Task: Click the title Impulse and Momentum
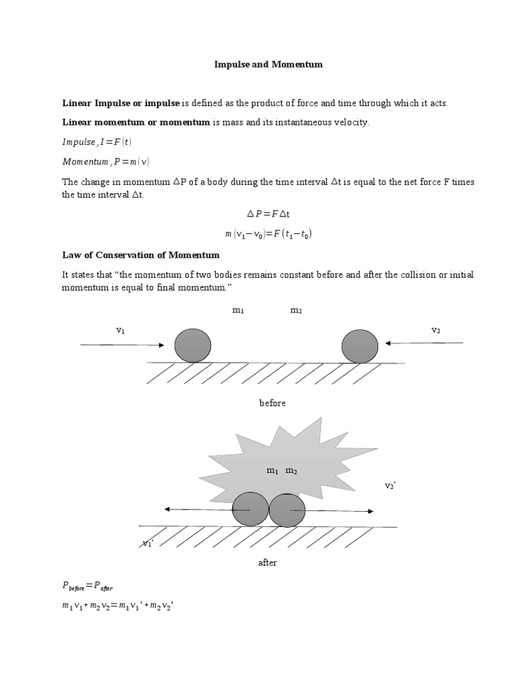pyautogui.click(x=268, y=65)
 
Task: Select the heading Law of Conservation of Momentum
pyautogui.click(x=141, y=255)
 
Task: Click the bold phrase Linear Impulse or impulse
pyautogui.click(x=121, y=103)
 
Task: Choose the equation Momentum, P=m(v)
pyautogui.click(x=106, y=161)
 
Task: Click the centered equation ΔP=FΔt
pyautogui.click(x=268, y=214)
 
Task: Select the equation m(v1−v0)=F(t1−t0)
pyautogui.click(x=269, y=234)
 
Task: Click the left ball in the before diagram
pyautogui.click(x=192, y=345)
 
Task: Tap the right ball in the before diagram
pyautogui.click(x=359, y=346)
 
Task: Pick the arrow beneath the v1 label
pyautogui.click(x=122, y=345)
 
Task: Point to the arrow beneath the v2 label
pyautogui.click(x=424, y=343)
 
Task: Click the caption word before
pyautogui.click(x=272, y=403)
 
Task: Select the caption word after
pyautogui.click(x=267, y=562)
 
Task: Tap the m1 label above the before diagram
pyautogui.click(x=238, y=311)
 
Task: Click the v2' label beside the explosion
pyautogui.click(x=391, y=486)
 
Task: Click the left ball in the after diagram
pyautogui.click(x=250, y=510)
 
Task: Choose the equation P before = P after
pyautogui.click(x=88, y=586)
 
